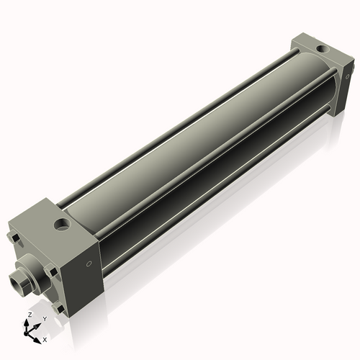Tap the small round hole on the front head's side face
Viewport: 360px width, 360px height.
tap(89, 264)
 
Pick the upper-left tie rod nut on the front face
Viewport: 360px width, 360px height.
tap(13, 238)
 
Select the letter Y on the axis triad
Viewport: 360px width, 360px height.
tap(44, 318)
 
